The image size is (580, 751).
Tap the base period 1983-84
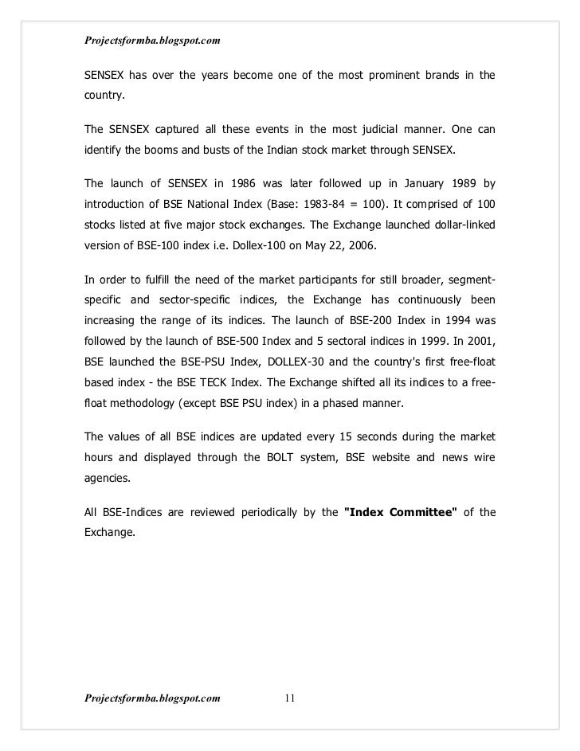point(339,204)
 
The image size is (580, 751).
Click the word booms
point(163,148)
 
